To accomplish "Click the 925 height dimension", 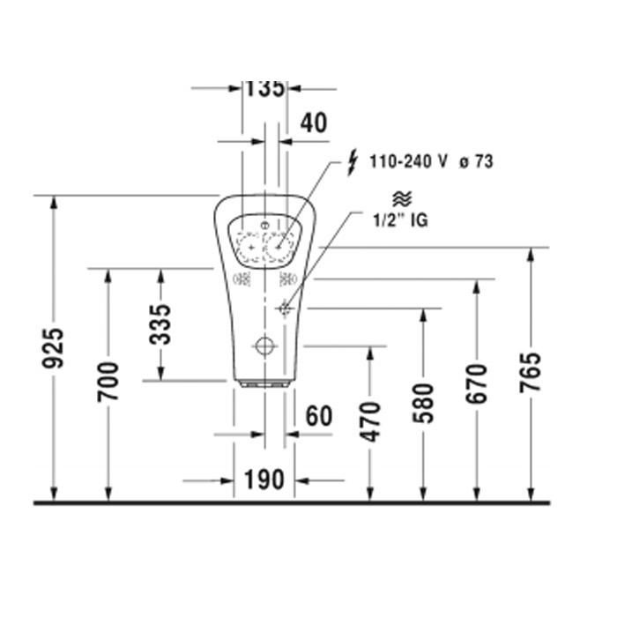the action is [x=53, y=348].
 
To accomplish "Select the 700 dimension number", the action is [x=108, y=382].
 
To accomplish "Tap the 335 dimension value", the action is [x=160, y=324].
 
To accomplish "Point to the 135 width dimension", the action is [x=264, y=89].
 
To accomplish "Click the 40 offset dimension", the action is [x=314, y=123].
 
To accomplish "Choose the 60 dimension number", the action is [x=319, y=416].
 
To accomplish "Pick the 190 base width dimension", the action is [x=264, y=479].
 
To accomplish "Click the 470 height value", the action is [x=371, y=422].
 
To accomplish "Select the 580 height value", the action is [x=423, y=404].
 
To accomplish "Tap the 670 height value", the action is [x=477, y=384].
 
